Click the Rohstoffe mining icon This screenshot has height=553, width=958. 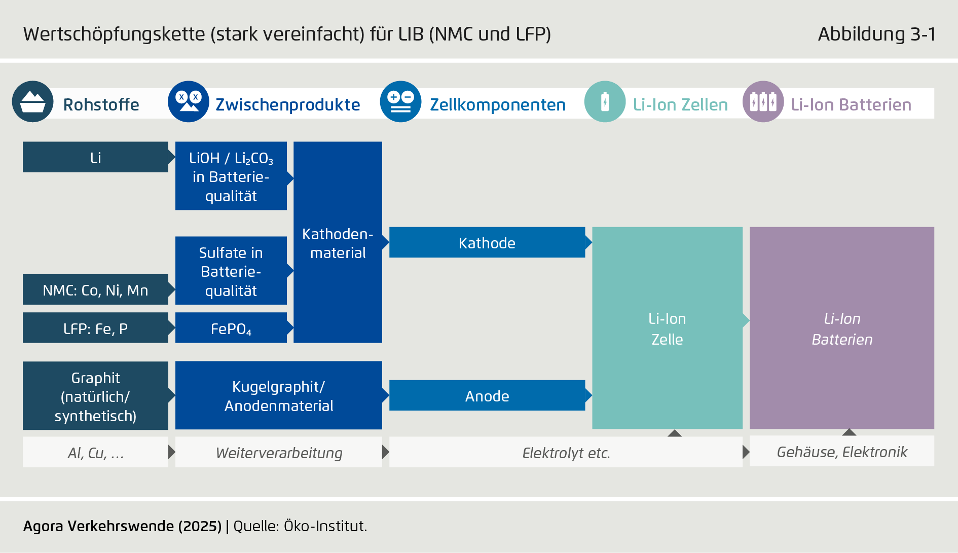[32, 102]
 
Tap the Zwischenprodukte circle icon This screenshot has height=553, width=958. [188, 102]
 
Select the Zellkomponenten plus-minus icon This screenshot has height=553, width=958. [400, 102]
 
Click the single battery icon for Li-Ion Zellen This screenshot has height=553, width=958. [605, 102]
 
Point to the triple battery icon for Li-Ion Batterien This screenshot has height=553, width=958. [763, 102]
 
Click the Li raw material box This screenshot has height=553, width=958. [95, 157]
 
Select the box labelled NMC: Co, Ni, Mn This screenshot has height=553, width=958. [95, 290]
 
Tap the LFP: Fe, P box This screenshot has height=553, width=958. [95, 328]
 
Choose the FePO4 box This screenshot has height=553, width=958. [231, 328]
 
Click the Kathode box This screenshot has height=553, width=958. [487, 243]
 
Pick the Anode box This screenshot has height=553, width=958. [487, 396]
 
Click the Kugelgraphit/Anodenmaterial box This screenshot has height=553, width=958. [278, 396]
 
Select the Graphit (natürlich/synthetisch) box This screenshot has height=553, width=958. [95, 396]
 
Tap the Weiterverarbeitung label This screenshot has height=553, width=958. [279, 453]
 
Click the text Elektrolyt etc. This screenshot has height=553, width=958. [566, 453]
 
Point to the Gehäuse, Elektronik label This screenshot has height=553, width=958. [841, 452]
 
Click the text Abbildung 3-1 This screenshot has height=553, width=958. [876, 34]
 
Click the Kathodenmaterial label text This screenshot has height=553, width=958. [338, 243]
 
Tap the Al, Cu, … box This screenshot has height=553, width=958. [95, 453]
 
